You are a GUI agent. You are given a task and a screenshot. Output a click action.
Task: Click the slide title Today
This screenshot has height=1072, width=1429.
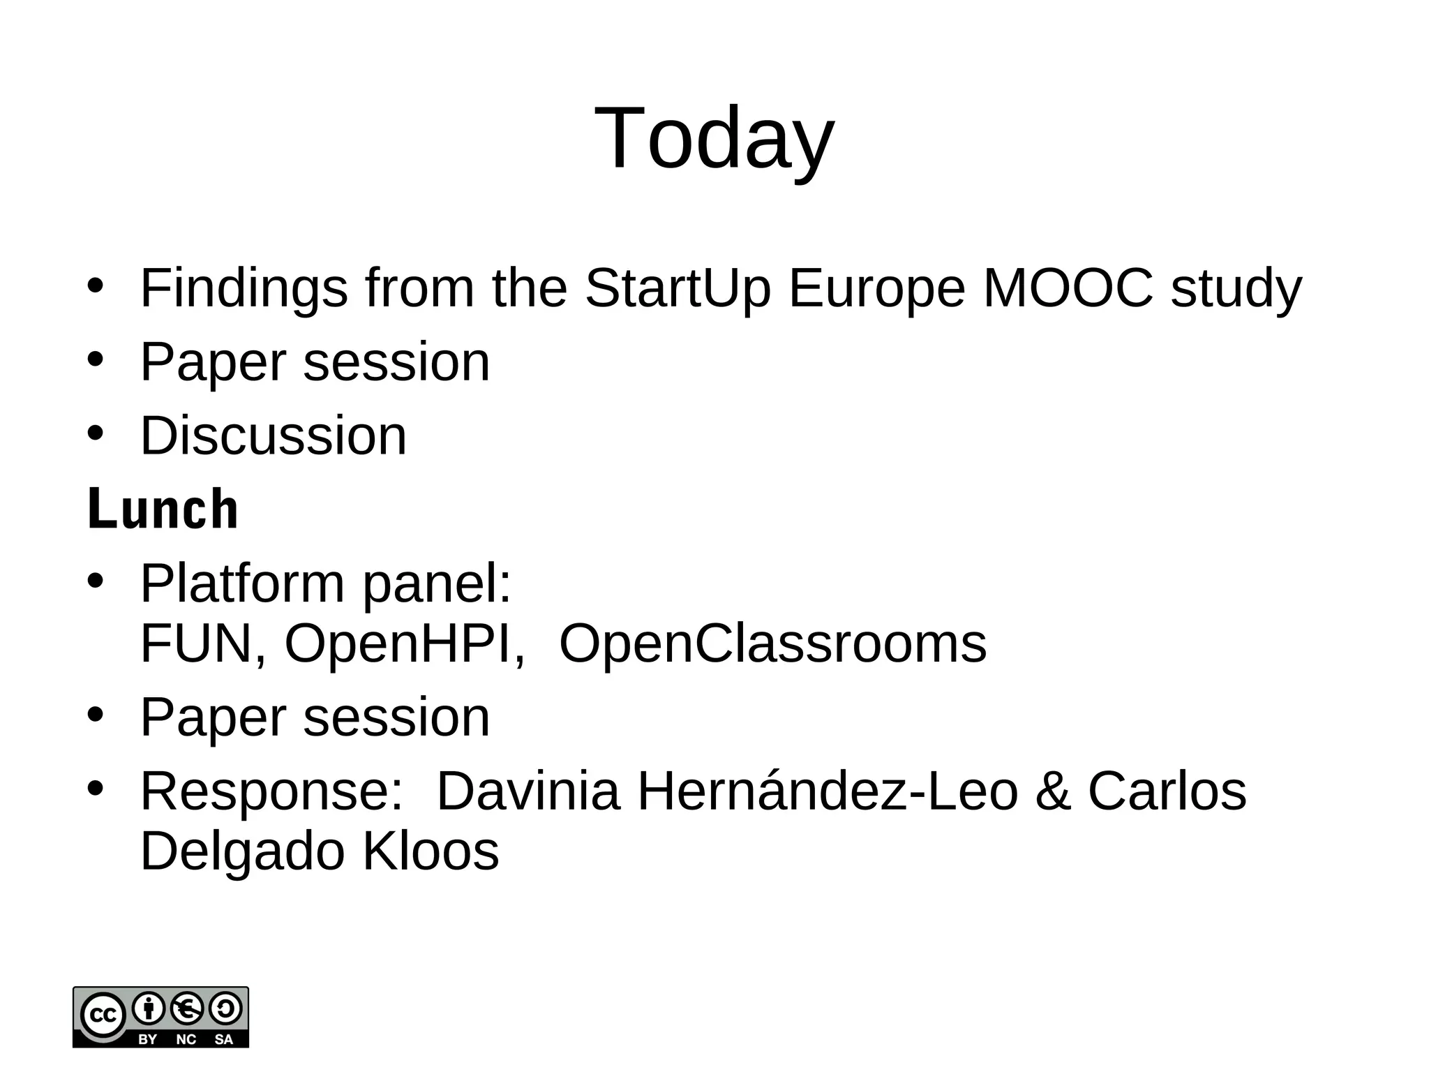click(x=714, y=138)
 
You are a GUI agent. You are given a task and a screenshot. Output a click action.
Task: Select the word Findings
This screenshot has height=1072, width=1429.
click(x=244, y=289)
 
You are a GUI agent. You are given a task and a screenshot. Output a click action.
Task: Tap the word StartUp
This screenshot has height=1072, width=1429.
click(x=678, y=289)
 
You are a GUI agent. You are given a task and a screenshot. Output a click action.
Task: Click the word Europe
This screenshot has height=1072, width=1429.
click(x=876, y=289)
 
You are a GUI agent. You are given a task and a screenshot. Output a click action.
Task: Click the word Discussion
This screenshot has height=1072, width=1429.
click(x=273, y=436)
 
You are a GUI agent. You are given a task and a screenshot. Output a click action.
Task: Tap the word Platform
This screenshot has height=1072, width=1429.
click(x=242, y=583)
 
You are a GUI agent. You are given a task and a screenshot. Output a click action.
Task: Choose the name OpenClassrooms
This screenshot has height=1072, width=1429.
click(x=772, y=643)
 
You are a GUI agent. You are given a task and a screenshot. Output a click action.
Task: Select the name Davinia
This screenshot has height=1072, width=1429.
click(x=528, y=791)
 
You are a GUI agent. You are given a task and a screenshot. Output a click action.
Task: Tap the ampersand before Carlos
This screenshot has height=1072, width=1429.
click(x=1053, y=791)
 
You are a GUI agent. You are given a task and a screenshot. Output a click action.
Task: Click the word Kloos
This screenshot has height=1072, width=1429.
click(x=431, y=851)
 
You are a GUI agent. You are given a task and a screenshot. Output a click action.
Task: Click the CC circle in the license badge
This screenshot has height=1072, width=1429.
click(x=103, y=1015)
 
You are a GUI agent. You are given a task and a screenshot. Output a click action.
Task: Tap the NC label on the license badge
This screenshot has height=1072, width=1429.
click(x=186, y=1039)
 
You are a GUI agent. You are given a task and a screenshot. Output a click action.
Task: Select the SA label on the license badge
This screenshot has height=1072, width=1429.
click(x=224, y=1039)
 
